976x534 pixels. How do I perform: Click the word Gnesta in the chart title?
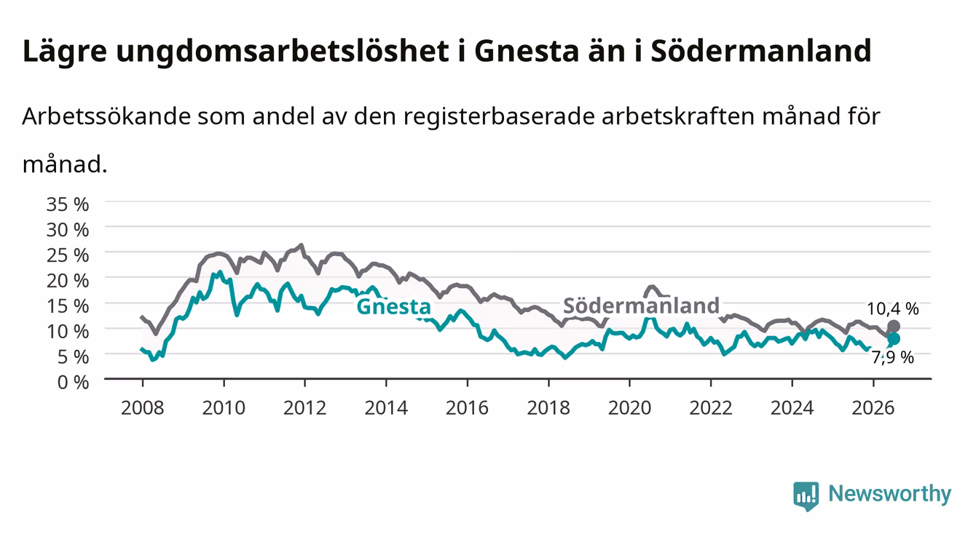527,50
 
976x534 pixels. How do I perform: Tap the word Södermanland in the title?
760,50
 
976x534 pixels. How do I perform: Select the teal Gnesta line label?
393,306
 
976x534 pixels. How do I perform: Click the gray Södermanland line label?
641,306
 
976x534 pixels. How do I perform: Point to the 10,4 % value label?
893,308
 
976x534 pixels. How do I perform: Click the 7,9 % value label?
893,357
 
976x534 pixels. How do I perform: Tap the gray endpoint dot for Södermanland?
893,327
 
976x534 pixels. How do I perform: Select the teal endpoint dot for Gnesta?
893,338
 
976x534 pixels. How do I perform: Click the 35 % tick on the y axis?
68,204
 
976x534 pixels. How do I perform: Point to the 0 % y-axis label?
73,382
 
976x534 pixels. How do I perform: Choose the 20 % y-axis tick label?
68,280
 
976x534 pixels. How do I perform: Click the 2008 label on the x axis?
143,408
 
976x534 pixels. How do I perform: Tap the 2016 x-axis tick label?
467,408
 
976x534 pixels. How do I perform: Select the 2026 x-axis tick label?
873,408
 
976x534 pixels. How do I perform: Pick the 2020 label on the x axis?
629,408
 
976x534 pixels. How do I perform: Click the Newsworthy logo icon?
806,495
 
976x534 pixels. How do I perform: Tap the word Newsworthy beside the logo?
890,494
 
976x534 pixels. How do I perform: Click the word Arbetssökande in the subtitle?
106,116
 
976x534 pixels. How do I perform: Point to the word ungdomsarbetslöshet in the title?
283,52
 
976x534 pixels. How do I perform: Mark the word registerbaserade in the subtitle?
499,116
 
